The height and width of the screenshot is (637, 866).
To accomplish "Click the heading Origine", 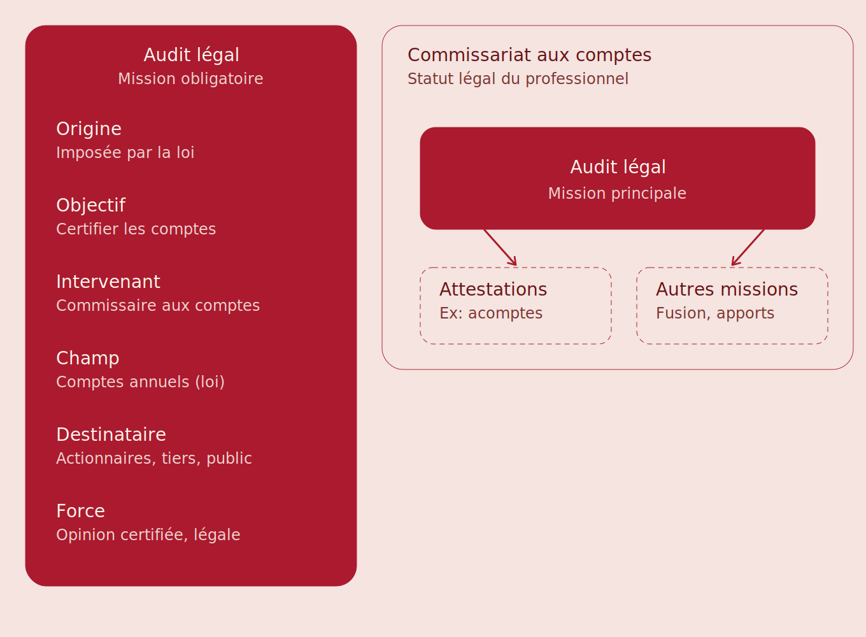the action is (x=89, y=129).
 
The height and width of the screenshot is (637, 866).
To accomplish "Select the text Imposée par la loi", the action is (x=125, y=152).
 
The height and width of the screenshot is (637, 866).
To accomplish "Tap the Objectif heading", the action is (x=91, y=205).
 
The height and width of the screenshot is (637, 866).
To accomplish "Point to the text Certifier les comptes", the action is (x=136, y=229).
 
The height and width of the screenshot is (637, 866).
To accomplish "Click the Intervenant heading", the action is (x=108, y=282).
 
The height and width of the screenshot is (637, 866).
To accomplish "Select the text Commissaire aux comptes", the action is (x=158, y=306).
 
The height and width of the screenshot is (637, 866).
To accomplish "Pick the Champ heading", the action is (x=88, y=358).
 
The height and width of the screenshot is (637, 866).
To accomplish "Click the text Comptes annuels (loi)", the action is (x=140, y=382).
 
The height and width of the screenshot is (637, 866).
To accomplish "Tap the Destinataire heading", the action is (x=111, y=434).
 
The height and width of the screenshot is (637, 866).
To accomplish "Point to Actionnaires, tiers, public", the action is (x=154, y=458).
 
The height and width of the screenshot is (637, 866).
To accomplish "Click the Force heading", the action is (x=81, y=511).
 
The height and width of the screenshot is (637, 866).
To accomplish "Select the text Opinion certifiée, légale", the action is (x=148, y=535).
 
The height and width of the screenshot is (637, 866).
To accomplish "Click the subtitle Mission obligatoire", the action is (x=190, y=79).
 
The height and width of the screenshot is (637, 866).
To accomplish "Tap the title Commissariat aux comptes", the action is (x=530, y=55).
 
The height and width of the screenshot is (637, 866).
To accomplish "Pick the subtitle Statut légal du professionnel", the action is (x=518, y=79).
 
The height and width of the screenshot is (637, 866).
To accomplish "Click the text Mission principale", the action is (x=618, y=194).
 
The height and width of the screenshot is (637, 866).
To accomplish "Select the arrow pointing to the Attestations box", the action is (x=500, y=248).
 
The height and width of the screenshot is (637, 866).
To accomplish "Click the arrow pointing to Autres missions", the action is (x=748, y=248).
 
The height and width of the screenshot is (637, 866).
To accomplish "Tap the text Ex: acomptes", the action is (x=491, y=313).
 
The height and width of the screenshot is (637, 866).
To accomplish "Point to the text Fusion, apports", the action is (x=715, y=313).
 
